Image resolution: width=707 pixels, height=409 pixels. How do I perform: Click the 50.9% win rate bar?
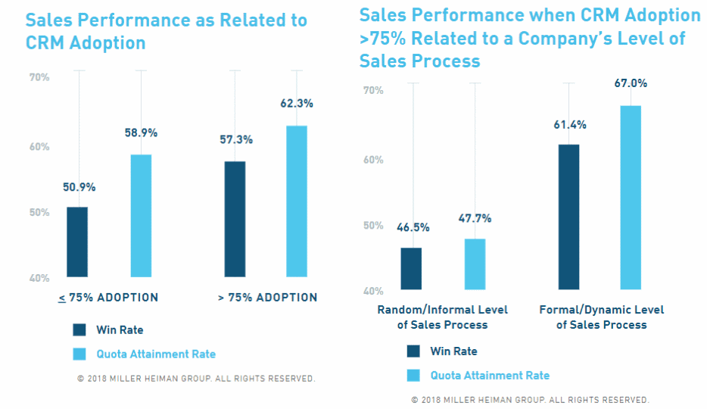click(x=76, y=242)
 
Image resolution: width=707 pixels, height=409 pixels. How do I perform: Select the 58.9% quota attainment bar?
click(x=141, y=216)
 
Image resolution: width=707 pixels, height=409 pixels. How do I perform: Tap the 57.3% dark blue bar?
click(x=235, y=219)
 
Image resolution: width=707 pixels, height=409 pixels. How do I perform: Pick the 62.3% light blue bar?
click(x=297, y=201)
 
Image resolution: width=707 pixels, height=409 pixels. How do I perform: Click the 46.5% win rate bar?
click(x=411, y=268)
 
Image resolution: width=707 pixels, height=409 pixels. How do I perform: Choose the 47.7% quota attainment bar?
click(x=475, y=264)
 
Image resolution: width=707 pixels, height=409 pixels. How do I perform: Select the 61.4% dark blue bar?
click(x=568, y=217)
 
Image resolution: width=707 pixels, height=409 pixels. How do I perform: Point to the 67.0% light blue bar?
click(x=631, y=197)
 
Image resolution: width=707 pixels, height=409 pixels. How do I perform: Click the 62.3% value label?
click(x=297, y=103)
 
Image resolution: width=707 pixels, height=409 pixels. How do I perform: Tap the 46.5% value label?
click(x=412, y=226)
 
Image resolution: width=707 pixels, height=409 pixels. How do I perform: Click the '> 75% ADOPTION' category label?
click(x=267, y=298)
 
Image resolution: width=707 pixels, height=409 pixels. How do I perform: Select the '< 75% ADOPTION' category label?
click(x=108, y=298)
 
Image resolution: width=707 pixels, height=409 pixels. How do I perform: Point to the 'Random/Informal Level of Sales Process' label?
click(x=443, y=317)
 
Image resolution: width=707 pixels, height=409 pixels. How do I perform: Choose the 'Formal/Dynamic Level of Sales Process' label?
click(x=601, y=317)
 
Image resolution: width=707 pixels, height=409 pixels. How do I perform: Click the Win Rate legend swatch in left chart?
click(x=79, y=329)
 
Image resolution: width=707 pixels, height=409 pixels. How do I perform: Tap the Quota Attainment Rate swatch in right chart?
click(x=413, y=375)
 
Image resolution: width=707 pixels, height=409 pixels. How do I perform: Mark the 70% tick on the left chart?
click(x=39, y=77)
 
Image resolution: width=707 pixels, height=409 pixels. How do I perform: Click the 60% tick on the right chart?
click(x=373, y=160)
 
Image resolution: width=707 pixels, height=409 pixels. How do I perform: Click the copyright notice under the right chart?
click(x=530, y=399)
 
